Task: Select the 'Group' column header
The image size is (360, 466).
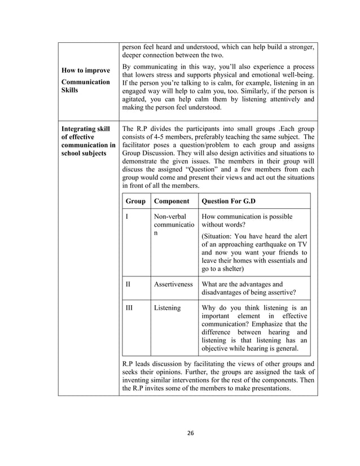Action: click(x=135, y=201)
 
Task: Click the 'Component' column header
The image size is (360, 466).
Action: click(x=172, y=201)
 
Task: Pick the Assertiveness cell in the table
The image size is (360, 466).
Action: click(x=173, y=284)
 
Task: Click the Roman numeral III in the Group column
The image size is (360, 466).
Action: click(x=129, y=308)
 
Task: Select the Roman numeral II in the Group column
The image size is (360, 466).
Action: click(x=128, y=284)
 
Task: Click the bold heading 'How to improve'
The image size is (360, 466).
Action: click(x=86, y=71)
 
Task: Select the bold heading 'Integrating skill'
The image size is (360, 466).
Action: click(x=85, y=129)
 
